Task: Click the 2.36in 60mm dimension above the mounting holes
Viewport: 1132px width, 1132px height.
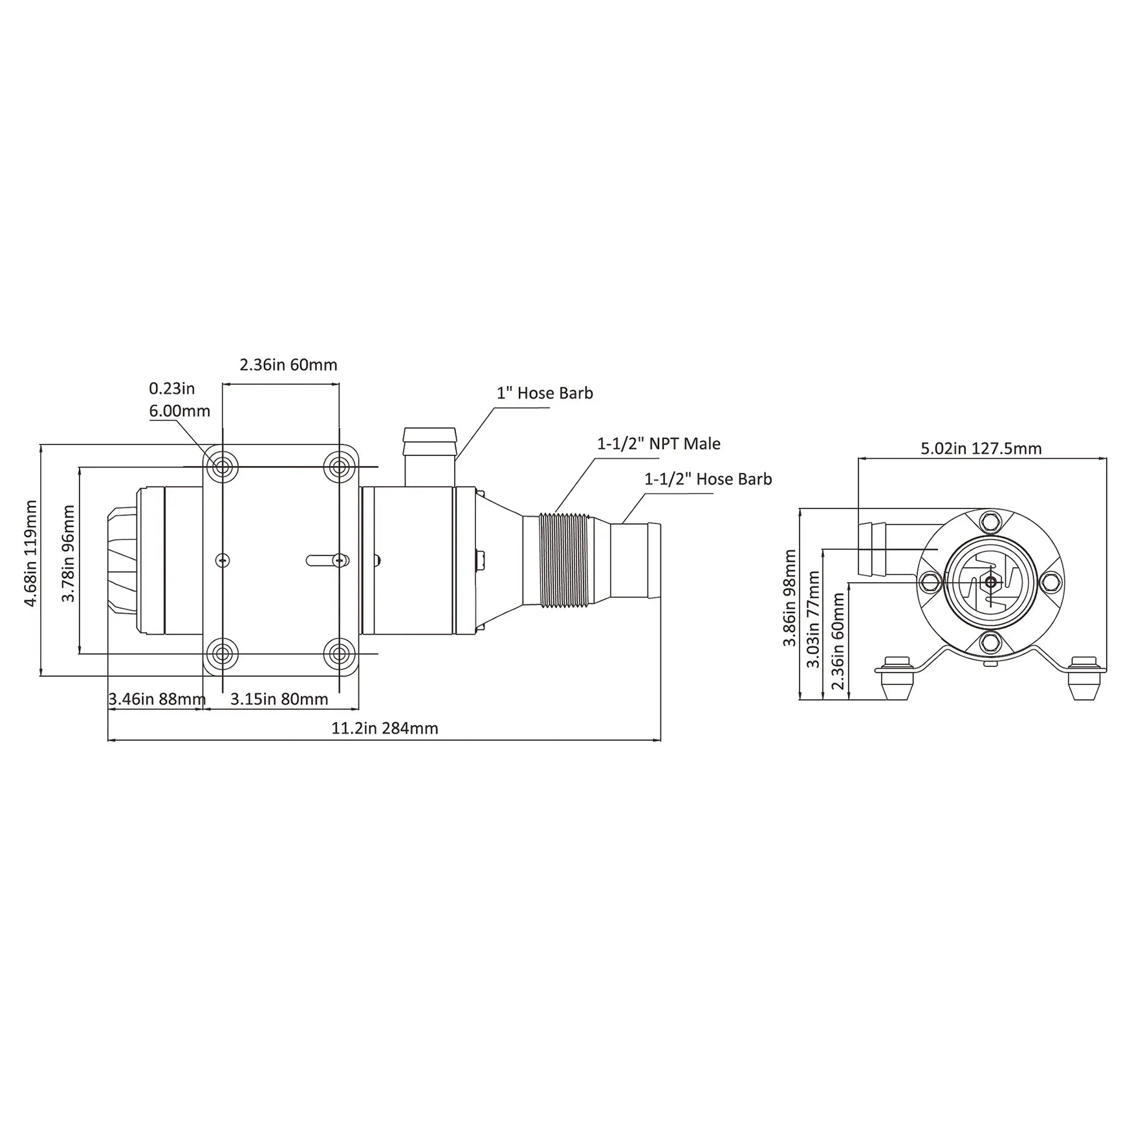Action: click(288, 365)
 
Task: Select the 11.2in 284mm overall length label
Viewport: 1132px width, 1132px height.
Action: click(385, 728)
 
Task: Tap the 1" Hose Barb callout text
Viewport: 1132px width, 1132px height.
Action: click(545, 393)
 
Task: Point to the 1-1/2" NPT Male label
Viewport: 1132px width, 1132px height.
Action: click(659, 444)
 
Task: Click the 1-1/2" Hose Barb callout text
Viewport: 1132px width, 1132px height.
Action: click(708, 479)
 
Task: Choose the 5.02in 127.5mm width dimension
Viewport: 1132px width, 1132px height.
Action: click(981, 448)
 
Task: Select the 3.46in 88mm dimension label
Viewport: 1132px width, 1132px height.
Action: click(157, 699)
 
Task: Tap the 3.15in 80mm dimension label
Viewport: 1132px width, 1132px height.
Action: click(279, 699)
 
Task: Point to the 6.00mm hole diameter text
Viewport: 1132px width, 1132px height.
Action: click(179, 411)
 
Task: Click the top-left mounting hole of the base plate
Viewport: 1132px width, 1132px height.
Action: click(223, 466)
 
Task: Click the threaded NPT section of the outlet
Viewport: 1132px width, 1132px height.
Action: click(563, 560)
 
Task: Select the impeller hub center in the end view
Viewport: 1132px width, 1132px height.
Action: click(990, 582)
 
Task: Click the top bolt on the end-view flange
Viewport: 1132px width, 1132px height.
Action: click(989, 520)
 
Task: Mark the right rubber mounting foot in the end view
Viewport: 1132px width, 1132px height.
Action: click(1085, 679)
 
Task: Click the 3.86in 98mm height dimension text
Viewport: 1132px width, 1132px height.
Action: click(790, 598)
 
